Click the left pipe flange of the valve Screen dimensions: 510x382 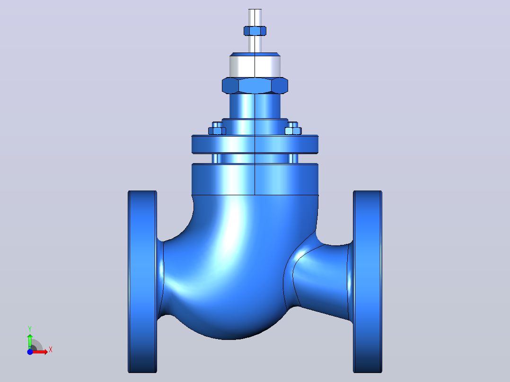tap(142, 282)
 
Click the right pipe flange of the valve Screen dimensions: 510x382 tap(368, 282)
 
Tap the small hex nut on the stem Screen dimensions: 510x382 tap(255, 31)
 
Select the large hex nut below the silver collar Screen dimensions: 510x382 tap(255, 86)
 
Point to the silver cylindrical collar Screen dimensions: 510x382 tap(255, 67)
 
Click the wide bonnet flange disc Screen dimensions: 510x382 tap(255, 144)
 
